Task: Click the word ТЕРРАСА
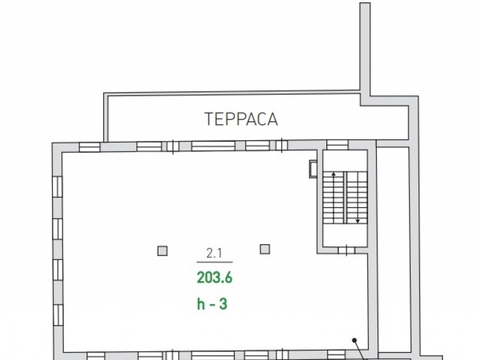[241, 119]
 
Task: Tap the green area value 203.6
[214, 277]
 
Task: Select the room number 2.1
[214, 253]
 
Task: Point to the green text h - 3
[212, 304]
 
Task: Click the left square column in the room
[162, 251]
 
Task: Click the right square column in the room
[265, 249]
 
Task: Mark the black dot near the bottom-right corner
[355, 340]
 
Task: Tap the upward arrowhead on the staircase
[334, 174]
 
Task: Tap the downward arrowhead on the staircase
[358, 221]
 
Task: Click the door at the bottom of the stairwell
[347, 250]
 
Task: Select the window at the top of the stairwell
[337, 145]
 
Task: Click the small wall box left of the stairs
[313, 169]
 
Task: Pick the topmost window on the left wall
[57, 187]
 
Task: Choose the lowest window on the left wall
[58, 315]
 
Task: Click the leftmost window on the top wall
[89, 147]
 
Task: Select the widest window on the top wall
[213, 146]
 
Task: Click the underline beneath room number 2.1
[214, 262]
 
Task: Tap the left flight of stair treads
[334, 198]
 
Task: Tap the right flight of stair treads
[357, 198]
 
